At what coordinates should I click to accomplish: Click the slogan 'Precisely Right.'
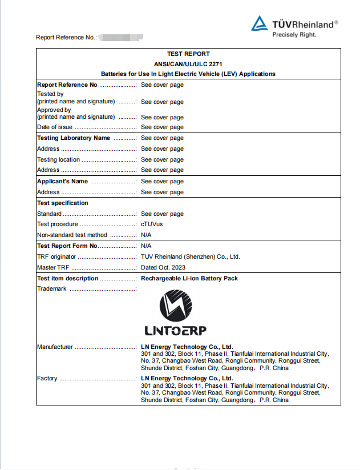point(294,34)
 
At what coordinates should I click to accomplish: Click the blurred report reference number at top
point(120,37)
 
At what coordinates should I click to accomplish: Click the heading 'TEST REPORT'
point(188,54)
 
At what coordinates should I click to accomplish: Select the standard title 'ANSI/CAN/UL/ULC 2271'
point(188,64)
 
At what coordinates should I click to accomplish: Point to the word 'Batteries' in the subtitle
point(114,74)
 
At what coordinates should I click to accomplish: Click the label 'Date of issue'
point(55,127)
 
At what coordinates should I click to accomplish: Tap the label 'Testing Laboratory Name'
point(74,138)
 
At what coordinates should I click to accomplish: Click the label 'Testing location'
point(58,160)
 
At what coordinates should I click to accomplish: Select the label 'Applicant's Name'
point(62,182)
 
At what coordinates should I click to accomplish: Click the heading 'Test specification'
point(63,203)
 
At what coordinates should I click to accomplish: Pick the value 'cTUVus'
point(152,224)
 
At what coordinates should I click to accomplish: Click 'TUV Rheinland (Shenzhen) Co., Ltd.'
point(191,257)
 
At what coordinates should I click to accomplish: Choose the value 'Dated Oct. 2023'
point(163,268)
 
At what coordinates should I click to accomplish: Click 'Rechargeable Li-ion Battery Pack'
point(189,279)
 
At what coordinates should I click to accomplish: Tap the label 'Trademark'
point(52,289)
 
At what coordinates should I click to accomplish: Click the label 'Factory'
point(47,379)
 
